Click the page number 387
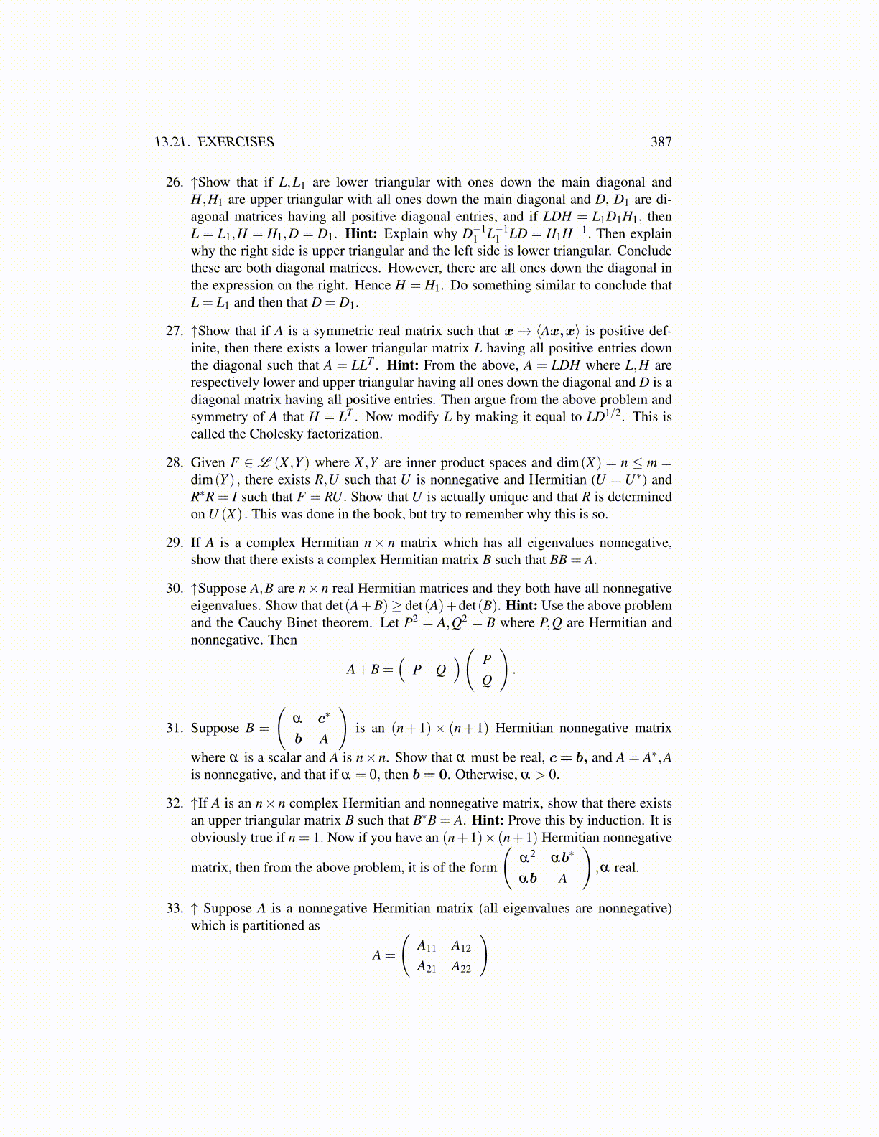[661, 141]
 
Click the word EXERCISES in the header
[236, 141]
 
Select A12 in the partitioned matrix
[461, 946]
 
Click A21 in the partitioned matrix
[427, 967]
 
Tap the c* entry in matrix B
[324, 717]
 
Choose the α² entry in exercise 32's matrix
[527, 857]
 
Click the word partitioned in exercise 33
[278, 925]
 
